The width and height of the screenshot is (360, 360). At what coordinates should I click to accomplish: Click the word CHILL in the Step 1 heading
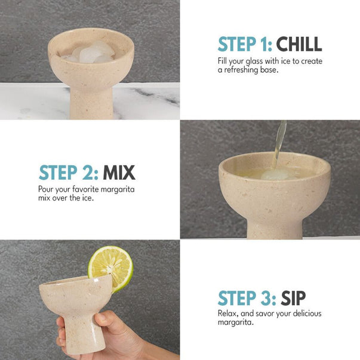299,44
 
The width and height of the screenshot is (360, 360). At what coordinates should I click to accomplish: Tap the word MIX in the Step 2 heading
119,173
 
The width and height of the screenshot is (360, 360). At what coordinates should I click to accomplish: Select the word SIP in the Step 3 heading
293,298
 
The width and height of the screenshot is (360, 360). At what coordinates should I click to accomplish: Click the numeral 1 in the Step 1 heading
265,44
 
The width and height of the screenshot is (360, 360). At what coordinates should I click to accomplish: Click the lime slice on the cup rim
110,267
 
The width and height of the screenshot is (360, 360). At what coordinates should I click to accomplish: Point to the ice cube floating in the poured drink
275,174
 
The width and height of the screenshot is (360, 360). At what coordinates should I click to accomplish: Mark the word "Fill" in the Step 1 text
222,61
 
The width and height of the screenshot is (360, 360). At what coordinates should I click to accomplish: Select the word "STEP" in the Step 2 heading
58,173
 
